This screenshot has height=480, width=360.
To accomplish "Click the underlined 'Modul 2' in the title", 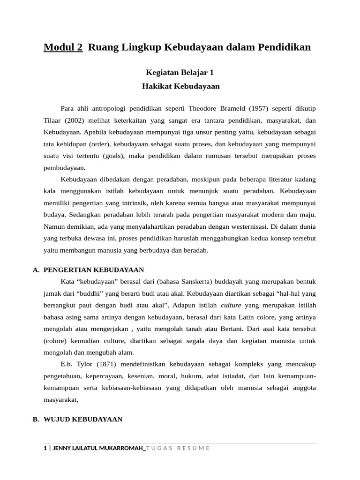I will click(x=63, y=47).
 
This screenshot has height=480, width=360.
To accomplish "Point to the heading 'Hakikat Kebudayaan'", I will click(x=180, y=86).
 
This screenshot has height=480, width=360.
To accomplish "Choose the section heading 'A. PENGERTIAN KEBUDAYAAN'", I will click(x=88, y=270).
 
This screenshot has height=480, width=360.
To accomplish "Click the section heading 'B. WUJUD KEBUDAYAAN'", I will click(x=77, y=420).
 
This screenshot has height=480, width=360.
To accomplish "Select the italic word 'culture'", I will click(x=231, y=305).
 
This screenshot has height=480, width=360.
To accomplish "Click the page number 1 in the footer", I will click(x=45, y=448).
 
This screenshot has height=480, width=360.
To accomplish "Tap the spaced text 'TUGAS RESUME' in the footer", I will click(x=178, y=448).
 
